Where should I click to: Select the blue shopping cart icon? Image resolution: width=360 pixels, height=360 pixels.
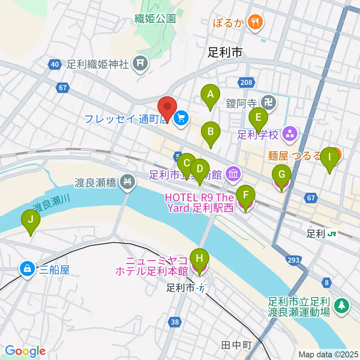tap(181, 118)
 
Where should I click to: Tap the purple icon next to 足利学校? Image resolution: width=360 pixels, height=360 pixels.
tap(289, 134)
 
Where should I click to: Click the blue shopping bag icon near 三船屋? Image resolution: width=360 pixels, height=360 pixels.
tap(27, 269)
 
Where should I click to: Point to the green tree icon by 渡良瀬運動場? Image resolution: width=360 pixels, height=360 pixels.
tap(341, 305)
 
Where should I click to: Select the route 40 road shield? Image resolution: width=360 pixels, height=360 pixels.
tap(55, 64)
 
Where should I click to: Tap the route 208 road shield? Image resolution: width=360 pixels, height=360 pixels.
tap(244, 81)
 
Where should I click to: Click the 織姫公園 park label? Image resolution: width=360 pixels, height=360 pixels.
tap(155, 19)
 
